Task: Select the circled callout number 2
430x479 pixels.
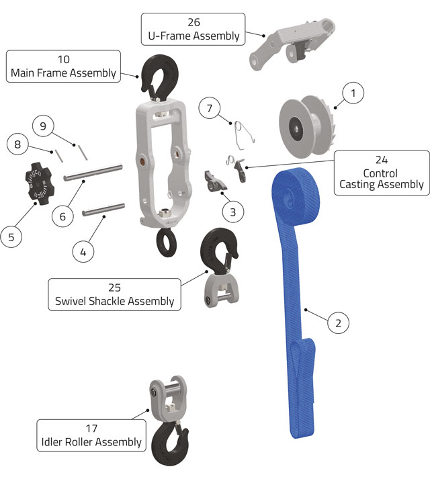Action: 338,323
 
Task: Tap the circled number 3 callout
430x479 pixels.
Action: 232,212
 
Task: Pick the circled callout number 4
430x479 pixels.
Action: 83,252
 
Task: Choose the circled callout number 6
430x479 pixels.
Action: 62,217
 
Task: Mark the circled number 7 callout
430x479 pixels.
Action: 210,107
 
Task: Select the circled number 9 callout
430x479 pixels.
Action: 42,126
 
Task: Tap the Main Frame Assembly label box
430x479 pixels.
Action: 63,66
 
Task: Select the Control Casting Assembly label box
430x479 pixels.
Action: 382,173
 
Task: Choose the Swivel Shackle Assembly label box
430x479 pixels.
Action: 115,294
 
